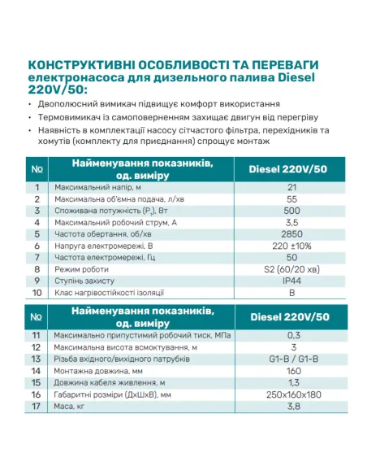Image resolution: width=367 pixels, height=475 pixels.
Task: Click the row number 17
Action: [x=37, y=406]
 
